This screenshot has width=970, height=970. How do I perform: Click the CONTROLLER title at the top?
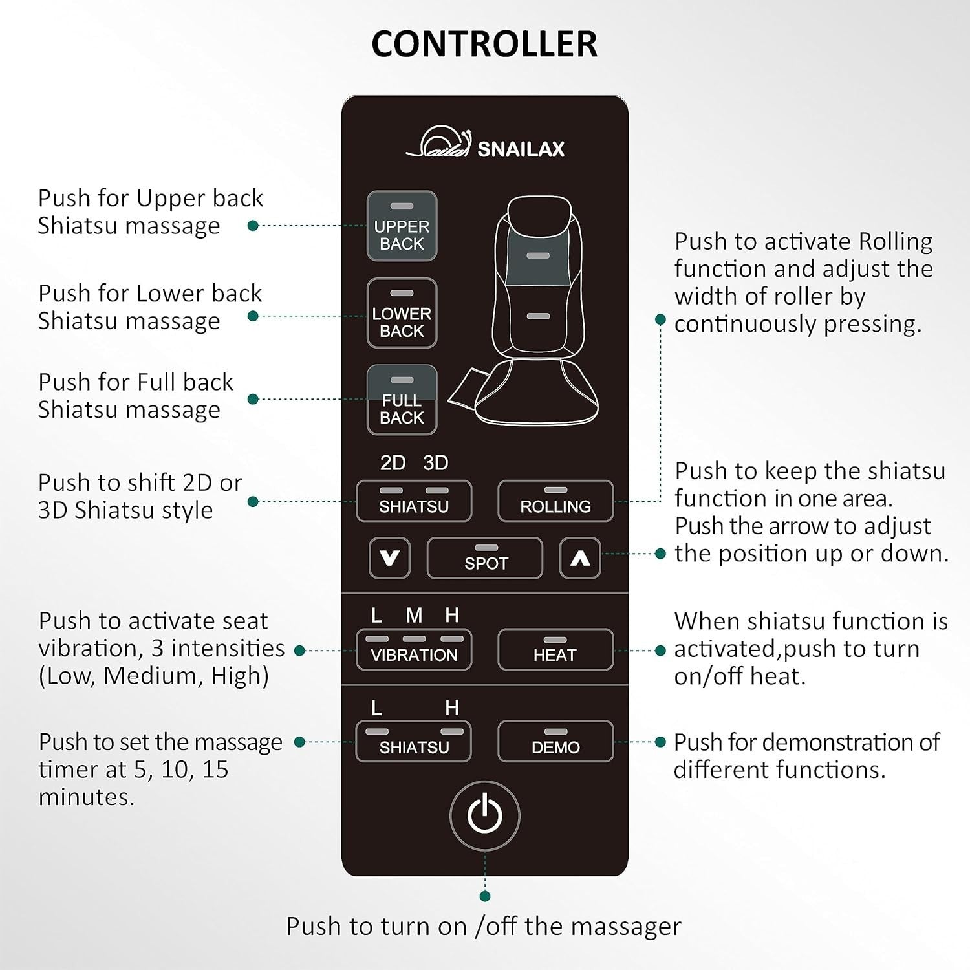(484, 44)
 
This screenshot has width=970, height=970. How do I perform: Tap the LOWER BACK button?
(402, 314)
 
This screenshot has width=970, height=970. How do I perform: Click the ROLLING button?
(555, 501)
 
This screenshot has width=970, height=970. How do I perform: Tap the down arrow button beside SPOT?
(389, 558)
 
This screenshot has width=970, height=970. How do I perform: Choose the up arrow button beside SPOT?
(580, 558)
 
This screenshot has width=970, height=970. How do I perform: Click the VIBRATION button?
(414, 649)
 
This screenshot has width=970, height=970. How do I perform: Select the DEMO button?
(555, 741)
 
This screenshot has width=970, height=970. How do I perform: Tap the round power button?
(485, 815)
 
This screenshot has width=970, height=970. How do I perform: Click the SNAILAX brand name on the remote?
(521, 149)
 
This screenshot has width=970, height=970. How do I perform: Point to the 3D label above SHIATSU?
(435, 463)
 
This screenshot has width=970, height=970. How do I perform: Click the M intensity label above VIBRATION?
(414, 615)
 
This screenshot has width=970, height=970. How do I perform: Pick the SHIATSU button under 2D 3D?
(414, 501)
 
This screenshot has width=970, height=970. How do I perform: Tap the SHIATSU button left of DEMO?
(414, 741)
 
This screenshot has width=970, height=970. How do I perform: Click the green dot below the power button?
(485, 896)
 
